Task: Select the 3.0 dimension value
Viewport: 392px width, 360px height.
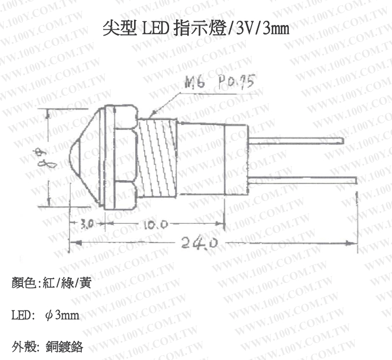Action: tap(87, 224)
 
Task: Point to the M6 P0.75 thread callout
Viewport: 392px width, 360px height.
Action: tap(219, 82)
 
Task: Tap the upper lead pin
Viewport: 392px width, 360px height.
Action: tap(298, 140)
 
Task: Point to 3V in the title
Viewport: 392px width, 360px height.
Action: tap(244, 29)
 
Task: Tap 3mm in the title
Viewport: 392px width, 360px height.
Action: tap(276, 29)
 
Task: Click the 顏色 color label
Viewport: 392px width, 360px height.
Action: tap(22, 282)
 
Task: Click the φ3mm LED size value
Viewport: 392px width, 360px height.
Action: tap(62, 316)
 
